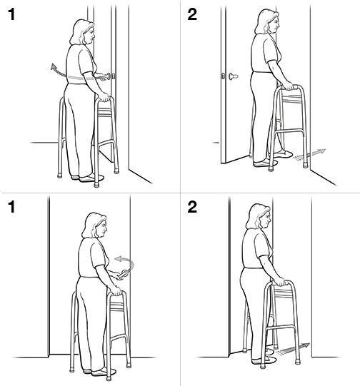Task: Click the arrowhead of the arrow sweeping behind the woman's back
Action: pos(52,68)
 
